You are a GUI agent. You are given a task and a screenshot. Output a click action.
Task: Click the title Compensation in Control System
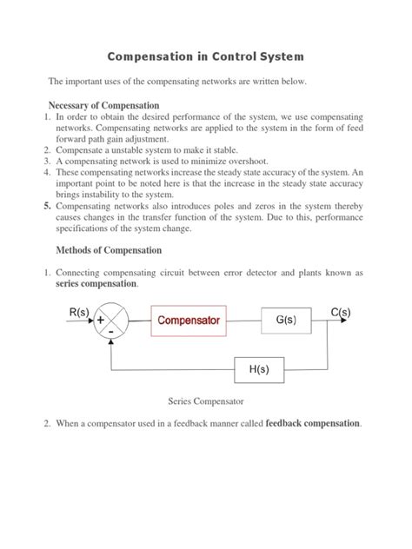click(205, 56)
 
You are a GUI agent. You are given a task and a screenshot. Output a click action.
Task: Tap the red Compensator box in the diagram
click(189, 321)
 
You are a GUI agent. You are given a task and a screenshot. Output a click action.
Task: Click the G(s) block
click(286, 321)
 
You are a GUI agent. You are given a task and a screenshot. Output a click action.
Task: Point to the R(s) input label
click(79, 310)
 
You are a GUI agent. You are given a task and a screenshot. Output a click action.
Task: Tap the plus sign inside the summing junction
click(103, 320)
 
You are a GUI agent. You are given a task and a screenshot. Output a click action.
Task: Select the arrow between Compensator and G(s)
click(244, 321)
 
